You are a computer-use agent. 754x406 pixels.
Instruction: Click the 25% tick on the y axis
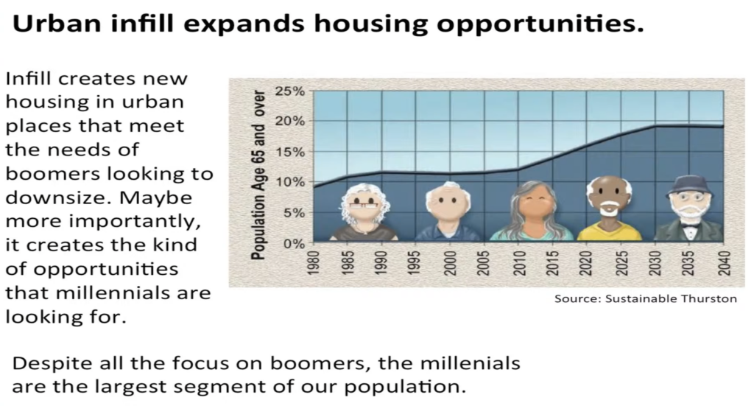290,91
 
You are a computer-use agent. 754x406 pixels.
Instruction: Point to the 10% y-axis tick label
290,182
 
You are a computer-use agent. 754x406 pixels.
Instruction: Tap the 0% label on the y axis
294,243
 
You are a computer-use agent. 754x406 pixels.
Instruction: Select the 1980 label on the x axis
313,263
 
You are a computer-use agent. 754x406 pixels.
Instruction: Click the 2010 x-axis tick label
519,263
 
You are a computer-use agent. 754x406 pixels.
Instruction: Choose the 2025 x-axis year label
621,263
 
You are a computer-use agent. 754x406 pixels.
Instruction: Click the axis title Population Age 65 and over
258,175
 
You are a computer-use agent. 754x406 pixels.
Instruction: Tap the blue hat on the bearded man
690,186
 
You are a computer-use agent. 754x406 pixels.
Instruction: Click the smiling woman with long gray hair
532,211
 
